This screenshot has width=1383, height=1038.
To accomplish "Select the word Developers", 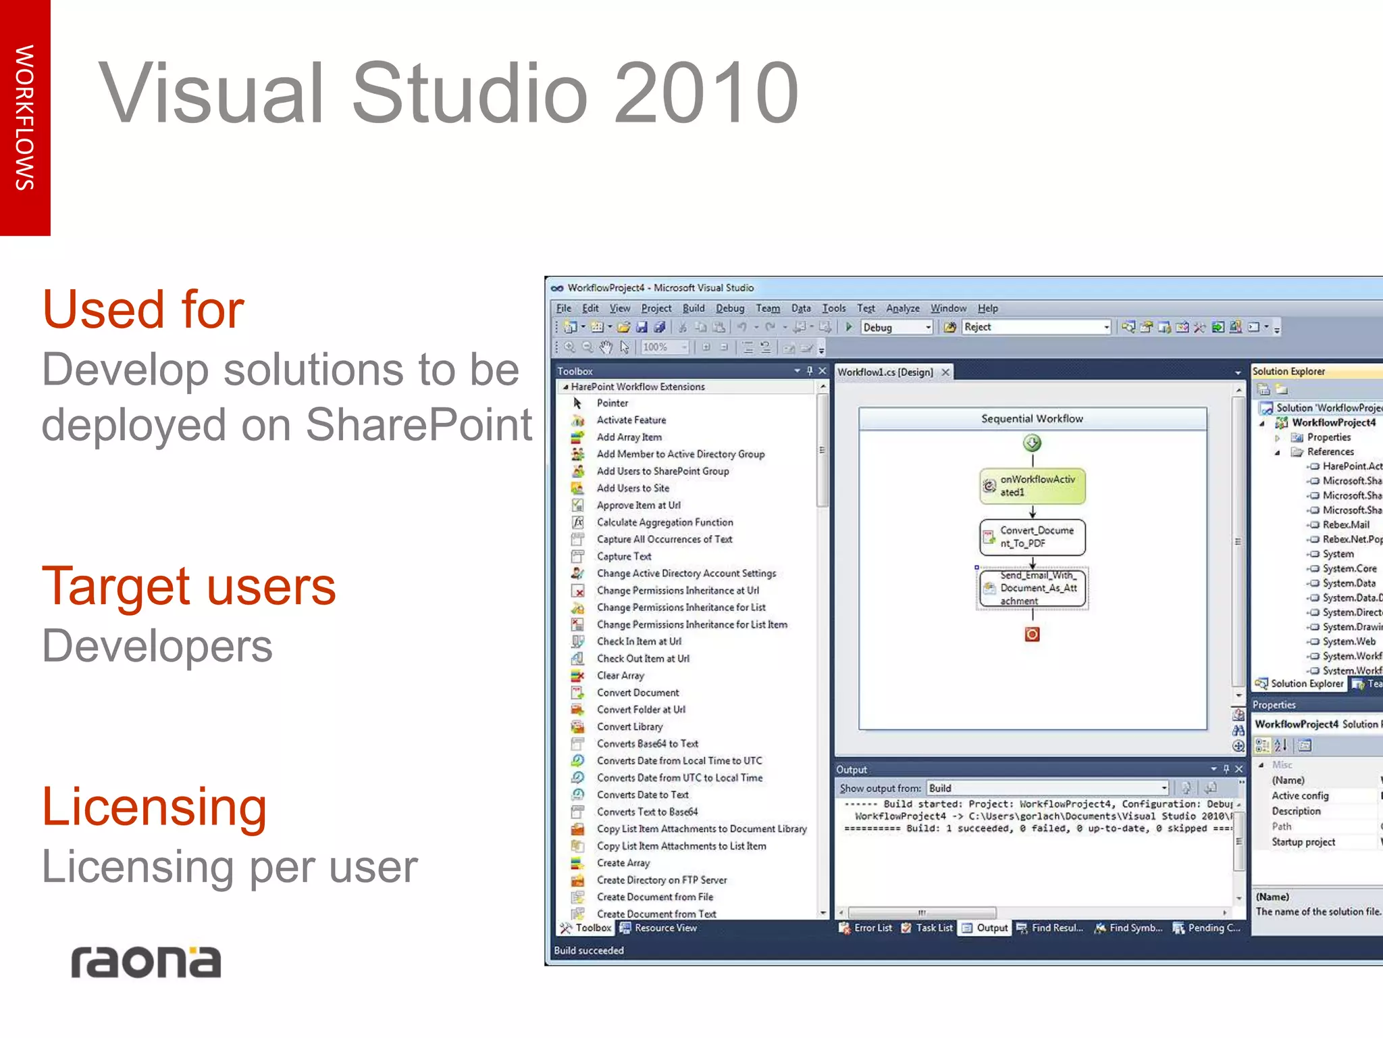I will tap(157, 646).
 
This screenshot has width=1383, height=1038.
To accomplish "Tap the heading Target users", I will tap(189, 586).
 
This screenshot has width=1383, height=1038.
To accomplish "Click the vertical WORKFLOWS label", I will tap(25, 118).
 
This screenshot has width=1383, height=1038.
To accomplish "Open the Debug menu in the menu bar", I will tap(730, 308).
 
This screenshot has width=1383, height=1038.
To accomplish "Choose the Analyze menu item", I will tap(902, 308).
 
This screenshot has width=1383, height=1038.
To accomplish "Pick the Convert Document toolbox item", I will tap(637, 693).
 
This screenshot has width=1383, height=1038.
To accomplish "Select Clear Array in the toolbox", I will tap(620, 676).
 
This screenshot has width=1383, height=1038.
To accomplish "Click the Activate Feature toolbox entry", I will tap(631, 420).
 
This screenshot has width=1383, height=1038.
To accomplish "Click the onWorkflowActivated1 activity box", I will tap(1032, 486).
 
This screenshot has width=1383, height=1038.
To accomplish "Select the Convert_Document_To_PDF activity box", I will tap(1032, 537).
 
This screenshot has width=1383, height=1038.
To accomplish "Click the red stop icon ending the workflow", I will tap(1032, 635).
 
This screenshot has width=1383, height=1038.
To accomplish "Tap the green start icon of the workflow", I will tap(1032, 443).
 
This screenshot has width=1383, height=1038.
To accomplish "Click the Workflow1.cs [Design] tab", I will tap(885, 372).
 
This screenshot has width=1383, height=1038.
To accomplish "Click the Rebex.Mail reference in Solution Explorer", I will tap(1345, 524).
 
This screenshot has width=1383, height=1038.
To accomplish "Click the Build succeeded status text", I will tap(589, 950).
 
